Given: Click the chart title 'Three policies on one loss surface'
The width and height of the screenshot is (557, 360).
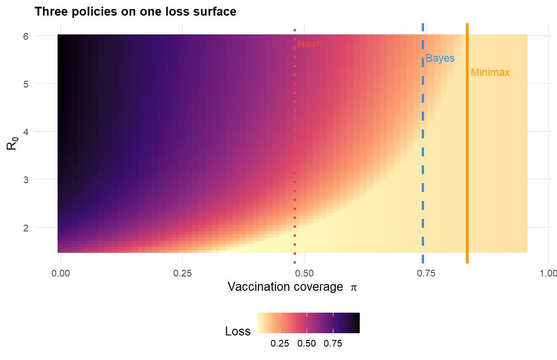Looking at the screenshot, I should (135, 12).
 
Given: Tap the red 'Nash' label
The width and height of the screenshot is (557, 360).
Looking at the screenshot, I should (309, 44).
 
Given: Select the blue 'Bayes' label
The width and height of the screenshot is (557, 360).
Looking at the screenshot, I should (440, 58).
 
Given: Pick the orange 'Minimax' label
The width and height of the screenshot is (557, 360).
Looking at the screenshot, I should (490, 72).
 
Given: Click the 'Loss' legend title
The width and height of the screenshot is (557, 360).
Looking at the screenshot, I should (238, 331).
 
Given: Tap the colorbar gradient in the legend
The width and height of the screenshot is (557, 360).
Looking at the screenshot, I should (308, 322).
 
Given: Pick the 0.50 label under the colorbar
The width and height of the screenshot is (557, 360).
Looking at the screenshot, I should (307, 343).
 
